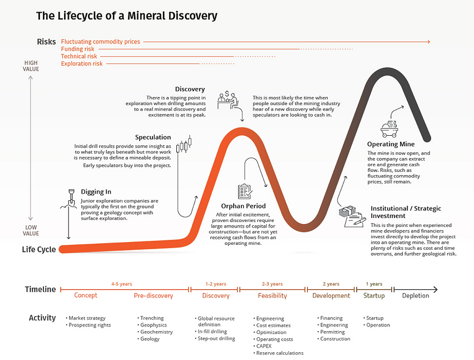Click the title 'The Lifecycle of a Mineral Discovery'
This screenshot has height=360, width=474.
[127, 16]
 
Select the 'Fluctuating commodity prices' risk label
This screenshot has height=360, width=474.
[101, 42]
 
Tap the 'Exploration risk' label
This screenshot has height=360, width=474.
[82, 64]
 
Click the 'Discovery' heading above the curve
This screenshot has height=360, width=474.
[190, 89]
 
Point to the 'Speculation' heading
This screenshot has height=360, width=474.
[153, 137]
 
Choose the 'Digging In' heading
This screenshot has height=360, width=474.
[96, 192]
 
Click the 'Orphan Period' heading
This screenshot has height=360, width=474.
[244, 205]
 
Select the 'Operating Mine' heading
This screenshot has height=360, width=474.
[391, 145]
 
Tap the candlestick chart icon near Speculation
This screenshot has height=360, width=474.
[184, 144]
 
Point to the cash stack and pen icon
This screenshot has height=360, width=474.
[350, 216]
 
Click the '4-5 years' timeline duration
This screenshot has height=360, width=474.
[122, 284]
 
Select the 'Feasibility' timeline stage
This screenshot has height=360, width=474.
[272, 296]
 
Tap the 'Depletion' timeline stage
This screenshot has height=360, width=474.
[415, 296]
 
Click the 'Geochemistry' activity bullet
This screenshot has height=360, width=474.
[156, 332]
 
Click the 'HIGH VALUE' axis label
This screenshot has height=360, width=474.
[31, 66]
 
